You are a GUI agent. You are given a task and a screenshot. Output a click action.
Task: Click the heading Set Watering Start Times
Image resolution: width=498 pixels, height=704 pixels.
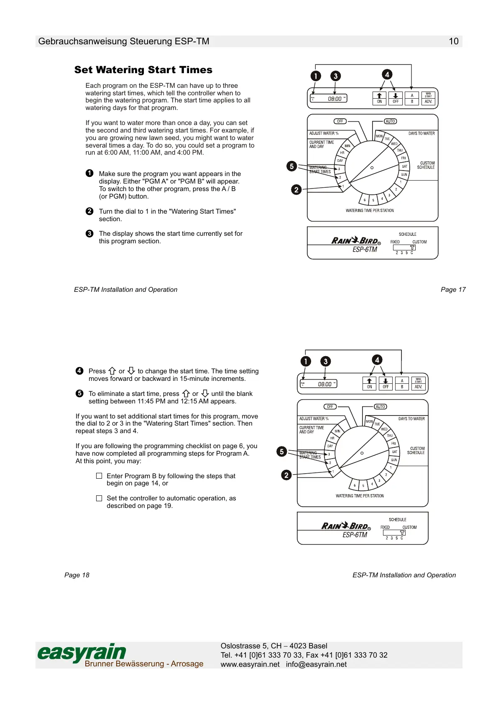[143, 70]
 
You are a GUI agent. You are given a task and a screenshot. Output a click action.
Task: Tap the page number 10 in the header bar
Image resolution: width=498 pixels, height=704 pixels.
[453, 41]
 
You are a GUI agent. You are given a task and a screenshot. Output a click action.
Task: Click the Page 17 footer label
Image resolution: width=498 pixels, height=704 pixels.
[453, 289]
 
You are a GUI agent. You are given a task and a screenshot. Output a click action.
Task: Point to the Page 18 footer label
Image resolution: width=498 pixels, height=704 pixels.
[77, 575]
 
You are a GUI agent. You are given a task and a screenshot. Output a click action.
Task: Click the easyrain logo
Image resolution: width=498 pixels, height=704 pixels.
[82, 653]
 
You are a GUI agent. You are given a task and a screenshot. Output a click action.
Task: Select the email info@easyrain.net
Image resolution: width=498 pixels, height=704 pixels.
[316, 664]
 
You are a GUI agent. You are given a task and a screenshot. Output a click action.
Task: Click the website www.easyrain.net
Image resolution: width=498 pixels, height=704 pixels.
[250, 664]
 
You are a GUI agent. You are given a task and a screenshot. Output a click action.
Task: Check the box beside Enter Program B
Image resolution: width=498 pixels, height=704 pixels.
[99, 476]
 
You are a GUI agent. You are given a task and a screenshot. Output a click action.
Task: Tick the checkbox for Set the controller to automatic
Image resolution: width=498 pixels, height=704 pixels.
[99, 498]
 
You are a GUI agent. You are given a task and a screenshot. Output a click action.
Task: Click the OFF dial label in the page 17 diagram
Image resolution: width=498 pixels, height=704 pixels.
[340, 121]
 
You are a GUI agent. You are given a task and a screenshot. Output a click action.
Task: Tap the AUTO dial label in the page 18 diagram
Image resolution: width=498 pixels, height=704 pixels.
[380, 407]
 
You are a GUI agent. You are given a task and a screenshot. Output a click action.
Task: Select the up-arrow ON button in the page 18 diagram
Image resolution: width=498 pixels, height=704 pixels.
[369, 383]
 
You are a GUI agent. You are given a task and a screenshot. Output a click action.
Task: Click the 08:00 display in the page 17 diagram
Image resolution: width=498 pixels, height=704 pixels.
[334, 99]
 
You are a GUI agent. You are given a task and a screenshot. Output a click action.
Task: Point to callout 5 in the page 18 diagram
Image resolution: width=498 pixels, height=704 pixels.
[282, 451]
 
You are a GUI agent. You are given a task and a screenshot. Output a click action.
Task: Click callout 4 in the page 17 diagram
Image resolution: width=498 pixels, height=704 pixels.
[387, 74]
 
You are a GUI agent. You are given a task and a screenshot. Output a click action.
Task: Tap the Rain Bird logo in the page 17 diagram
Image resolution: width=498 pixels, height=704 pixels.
[356, 240]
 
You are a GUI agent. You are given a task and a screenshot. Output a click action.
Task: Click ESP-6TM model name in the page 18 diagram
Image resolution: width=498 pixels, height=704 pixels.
[355, 535]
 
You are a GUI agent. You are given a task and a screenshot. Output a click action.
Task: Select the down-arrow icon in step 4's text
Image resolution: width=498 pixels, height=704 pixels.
[131, 371]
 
